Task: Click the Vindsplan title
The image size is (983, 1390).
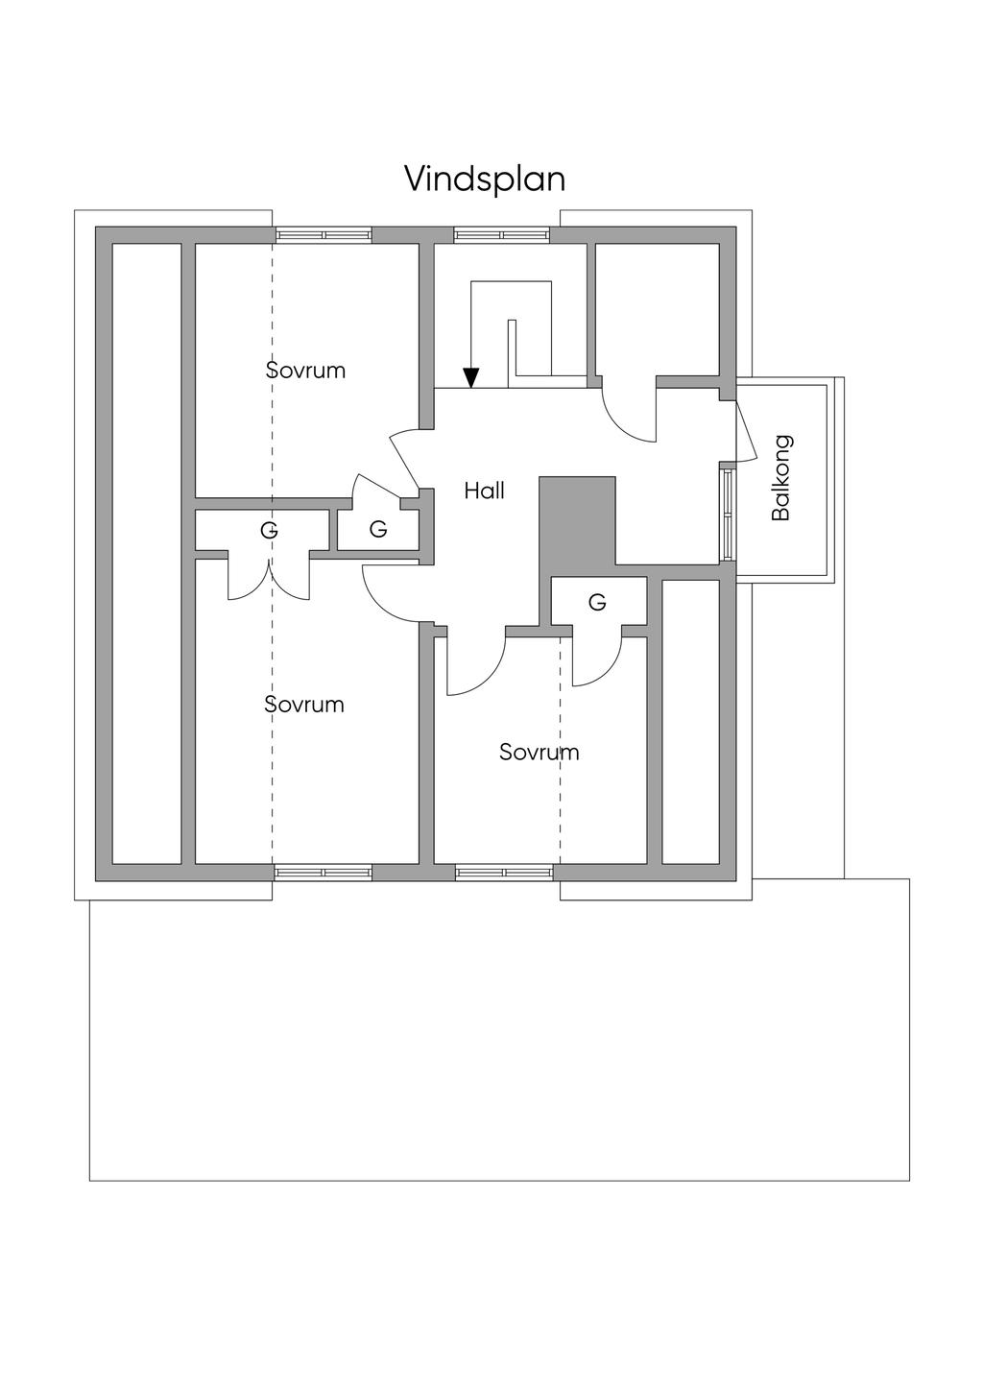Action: click(484, 179)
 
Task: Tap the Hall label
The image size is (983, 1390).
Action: click(484, 491)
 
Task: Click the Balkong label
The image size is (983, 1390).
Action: click(781, 478)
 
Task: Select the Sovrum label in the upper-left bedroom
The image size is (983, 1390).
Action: click(305, 371)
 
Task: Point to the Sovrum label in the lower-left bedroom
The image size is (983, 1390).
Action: click(304, 705)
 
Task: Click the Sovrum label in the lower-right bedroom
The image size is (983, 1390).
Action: click(539, 753)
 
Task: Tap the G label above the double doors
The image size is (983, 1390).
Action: click(269, 529)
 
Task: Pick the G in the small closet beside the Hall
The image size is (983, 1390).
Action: click(378, 529)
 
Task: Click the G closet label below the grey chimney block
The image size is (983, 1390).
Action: click(597, 602)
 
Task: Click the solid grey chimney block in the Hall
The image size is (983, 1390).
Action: click(577, 519)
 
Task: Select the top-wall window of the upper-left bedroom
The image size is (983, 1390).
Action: click(324, 234)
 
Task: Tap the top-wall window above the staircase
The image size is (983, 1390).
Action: click(502, 234)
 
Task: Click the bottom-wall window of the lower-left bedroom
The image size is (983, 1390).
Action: click(324, 873)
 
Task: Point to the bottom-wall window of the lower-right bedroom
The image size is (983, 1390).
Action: click(504, 873)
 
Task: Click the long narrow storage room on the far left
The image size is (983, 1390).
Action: click(147, 554)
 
